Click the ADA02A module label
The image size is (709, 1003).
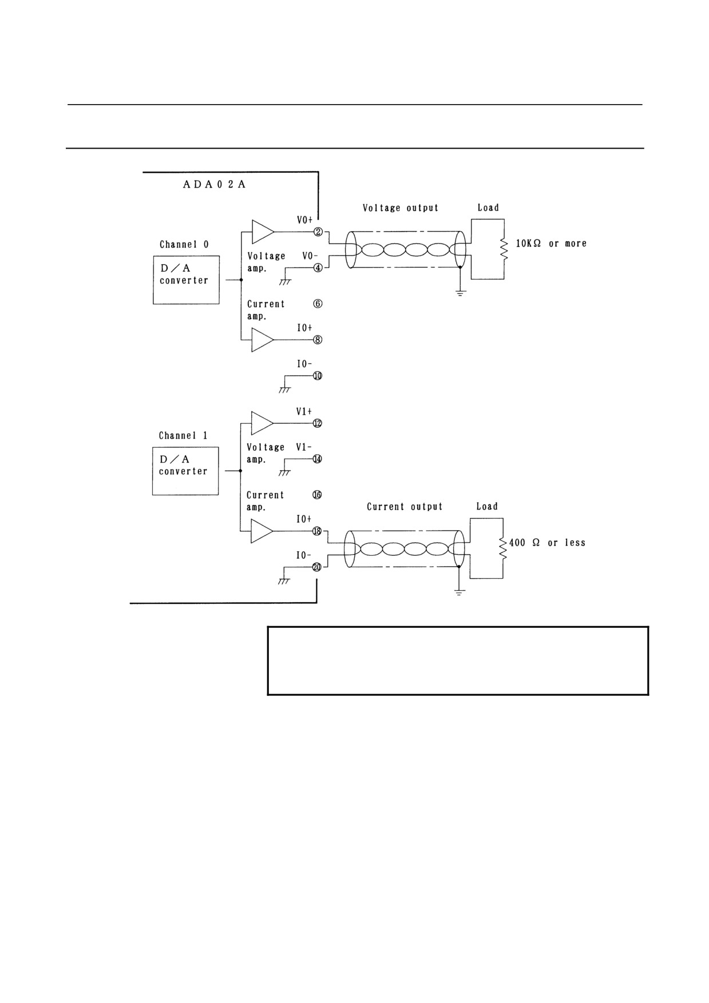pos(215,185)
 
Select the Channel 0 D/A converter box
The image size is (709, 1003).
pos(186,280)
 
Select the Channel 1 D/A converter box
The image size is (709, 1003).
pos(185,471)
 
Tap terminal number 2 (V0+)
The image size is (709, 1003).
pos(318,232)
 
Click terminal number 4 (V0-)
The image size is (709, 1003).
pos(318,267)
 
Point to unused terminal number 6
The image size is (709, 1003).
pos(318,304)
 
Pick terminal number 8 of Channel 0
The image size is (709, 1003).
pos(318,340)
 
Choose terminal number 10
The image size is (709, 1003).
pos(318,376)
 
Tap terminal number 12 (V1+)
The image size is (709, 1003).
pos(318,423)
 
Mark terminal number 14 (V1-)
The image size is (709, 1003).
pos(317,459)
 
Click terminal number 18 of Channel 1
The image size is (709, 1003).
pos(317,531)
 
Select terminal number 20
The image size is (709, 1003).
pos(316,567)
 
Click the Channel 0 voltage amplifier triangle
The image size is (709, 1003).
pos(263,232)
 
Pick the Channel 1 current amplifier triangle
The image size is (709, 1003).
pos(262,531)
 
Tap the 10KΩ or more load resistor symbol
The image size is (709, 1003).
pos(504,249)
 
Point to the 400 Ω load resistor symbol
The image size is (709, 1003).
pos(503,548)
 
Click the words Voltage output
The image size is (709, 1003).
pos(401,208)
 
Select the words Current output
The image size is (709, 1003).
pos(405,507)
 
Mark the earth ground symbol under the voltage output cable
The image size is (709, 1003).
pos(461,293)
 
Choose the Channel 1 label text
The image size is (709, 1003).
pos(183,436)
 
